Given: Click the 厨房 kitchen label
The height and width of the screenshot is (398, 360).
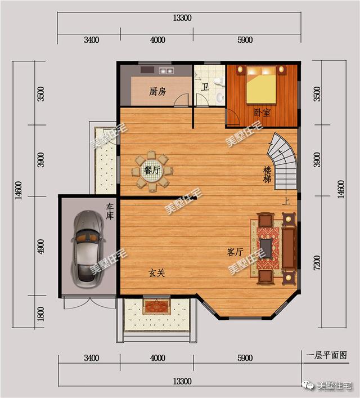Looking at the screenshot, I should [157, 92].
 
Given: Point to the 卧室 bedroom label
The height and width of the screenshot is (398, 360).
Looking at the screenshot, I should [262, 113].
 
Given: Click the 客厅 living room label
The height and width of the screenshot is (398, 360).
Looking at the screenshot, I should [235, 252].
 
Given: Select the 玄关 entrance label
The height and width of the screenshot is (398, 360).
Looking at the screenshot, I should [156, 272].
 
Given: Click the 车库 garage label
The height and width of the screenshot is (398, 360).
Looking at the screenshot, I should [110, 213].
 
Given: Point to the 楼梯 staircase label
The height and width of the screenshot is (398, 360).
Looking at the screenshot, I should [268, 174].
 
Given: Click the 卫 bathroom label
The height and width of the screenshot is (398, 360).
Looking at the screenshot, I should [206, 87].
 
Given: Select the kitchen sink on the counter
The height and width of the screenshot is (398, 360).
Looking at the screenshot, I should [166, 71].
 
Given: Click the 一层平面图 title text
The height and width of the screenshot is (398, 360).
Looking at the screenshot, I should [327, 355].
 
